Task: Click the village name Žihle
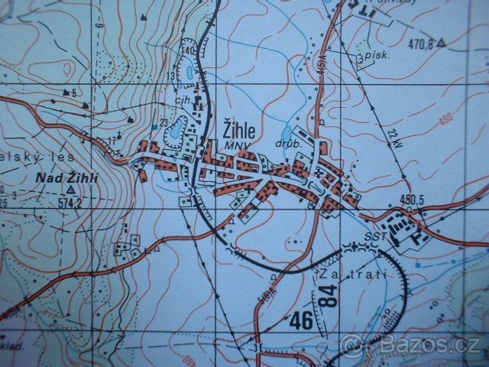click(x=240, y=128)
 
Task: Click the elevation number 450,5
click(x=411, y=200)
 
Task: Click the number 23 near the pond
click(x=164, y=122)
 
